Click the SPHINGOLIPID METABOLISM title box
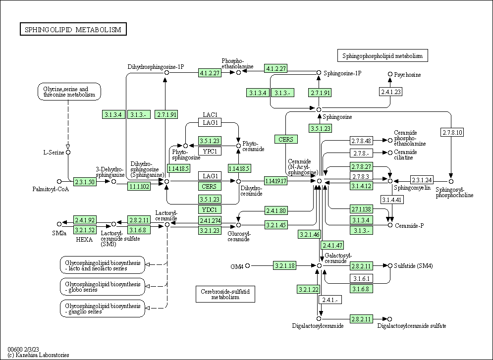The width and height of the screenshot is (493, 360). pyautogui.click(x=73, y=30)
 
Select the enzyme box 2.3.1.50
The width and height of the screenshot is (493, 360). pyautogui.click(x=85, y=181)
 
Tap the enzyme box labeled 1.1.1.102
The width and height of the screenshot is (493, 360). pyautogui.click(x=139, y=186)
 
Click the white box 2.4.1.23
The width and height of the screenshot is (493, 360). pyautogui.click(x=390, y=92)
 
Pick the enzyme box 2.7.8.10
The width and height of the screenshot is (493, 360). pyautogui.click(x=451, y=132)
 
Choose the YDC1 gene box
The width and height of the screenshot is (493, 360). pyautogui.click(x=210, y=210)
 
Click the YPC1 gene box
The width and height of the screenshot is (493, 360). pyautogui.click(x=210, y=151)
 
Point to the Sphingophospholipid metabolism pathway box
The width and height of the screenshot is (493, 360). pyautogui.click(x=382, y=55)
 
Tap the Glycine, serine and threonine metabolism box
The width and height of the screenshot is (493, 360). pyautogui.click(x=69, y=92)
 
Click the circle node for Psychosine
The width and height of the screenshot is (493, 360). pyautogui.click(x=390, y=74)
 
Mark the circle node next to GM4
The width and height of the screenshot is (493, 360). pyautogui.click(x=248, y=266)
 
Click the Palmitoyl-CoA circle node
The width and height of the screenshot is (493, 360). pyautogui.click(x=59, y=181)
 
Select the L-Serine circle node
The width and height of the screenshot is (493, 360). pyautogui.click(x=68, y=152)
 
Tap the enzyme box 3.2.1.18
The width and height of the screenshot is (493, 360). pyautogui.click(x=284, y=266)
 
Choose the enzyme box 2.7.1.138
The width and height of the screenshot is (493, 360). pyautogui.click(x=361, y=209)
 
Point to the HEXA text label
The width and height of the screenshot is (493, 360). pyautogui.click(x=84, y=239)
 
